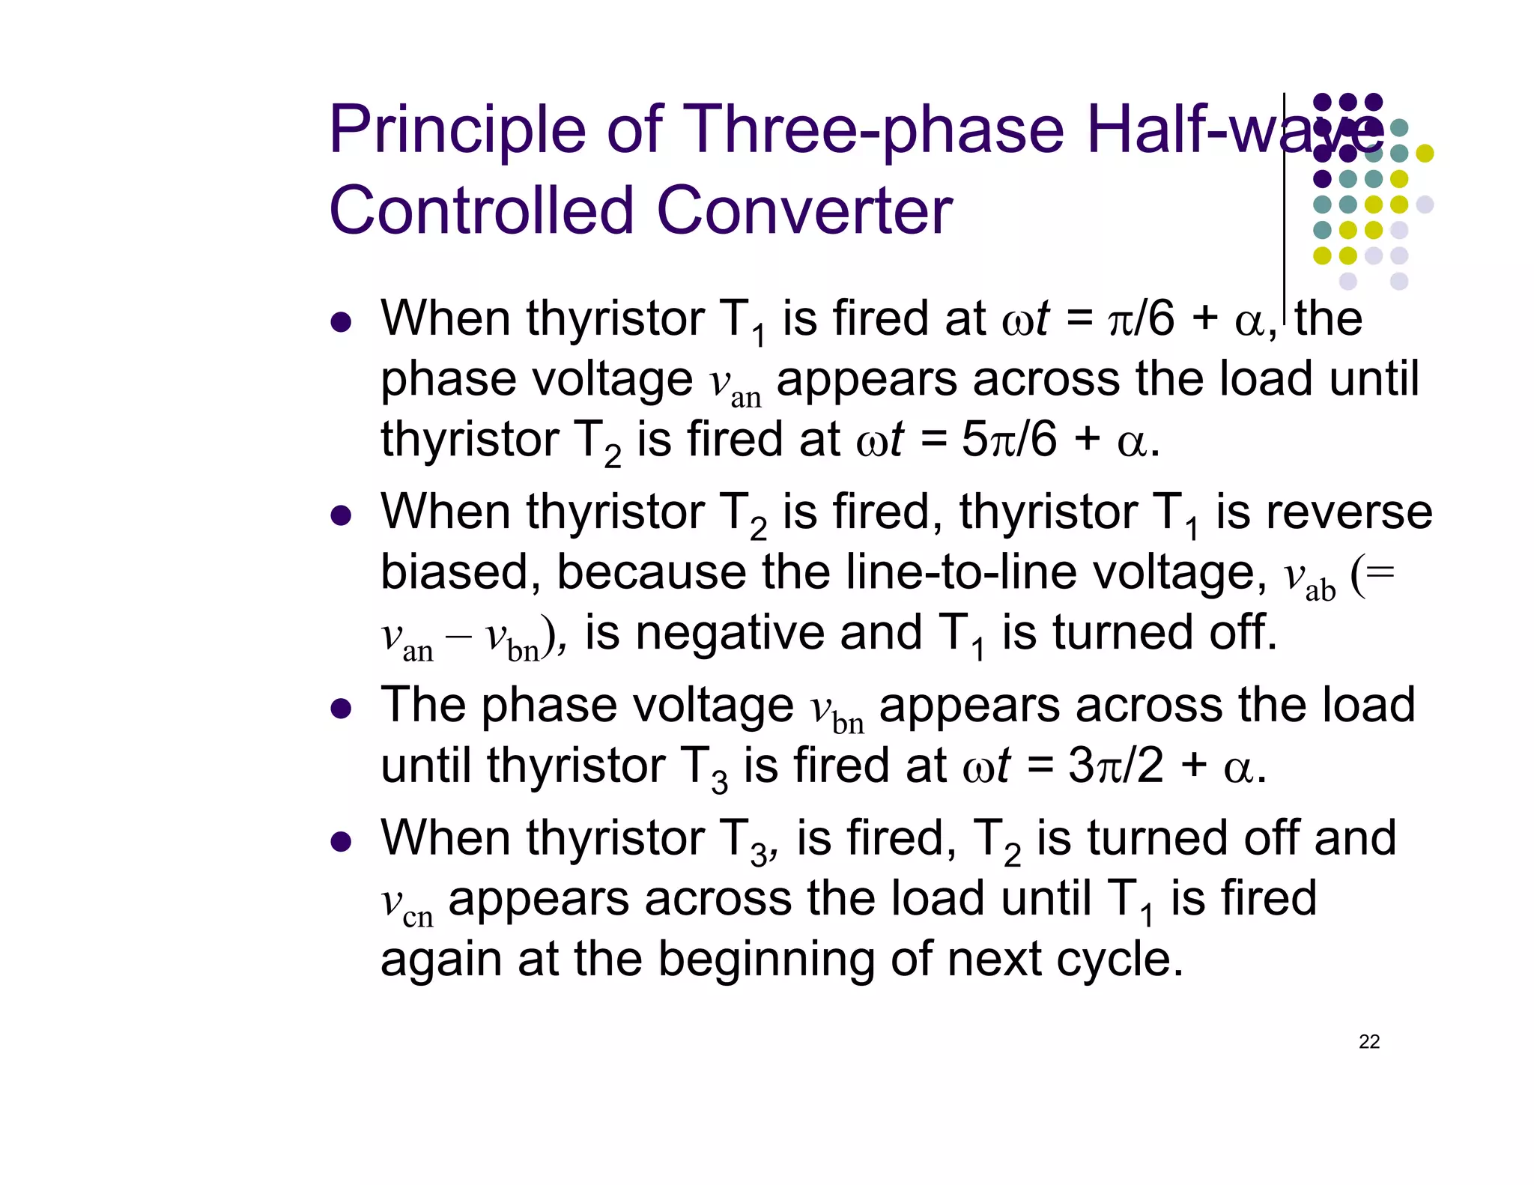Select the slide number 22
1369,1042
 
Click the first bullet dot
341,322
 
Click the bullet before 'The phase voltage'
341,709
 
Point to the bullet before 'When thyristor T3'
341,841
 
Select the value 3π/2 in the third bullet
1116,766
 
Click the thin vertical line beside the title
1285,210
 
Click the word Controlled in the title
482,211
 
